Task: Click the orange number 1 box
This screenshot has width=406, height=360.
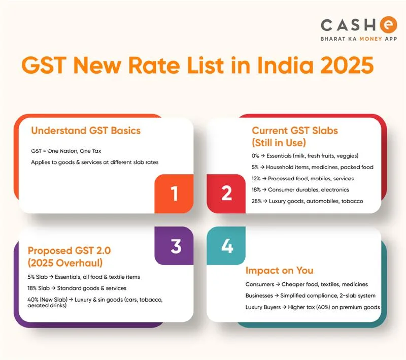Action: coord(175,193)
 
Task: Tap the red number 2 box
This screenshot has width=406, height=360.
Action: coord(226,193)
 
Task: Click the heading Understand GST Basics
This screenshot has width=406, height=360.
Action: coord(86,130)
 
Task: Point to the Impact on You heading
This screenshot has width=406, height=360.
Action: coord(279,270)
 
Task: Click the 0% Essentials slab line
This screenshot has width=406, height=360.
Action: coord(306,156)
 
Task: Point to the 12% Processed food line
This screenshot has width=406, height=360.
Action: coord(302,178)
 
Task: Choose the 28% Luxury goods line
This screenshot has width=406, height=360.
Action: coord(307,201)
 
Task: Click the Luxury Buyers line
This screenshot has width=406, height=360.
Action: coord(313,307)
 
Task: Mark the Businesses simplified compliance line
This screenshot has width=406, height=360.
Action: coord(310,296)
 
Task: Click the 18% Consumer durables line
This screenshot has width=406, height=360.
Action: coord(298,190)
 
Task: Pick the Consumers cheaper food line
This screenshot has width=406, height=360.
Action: coord(307,284)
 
